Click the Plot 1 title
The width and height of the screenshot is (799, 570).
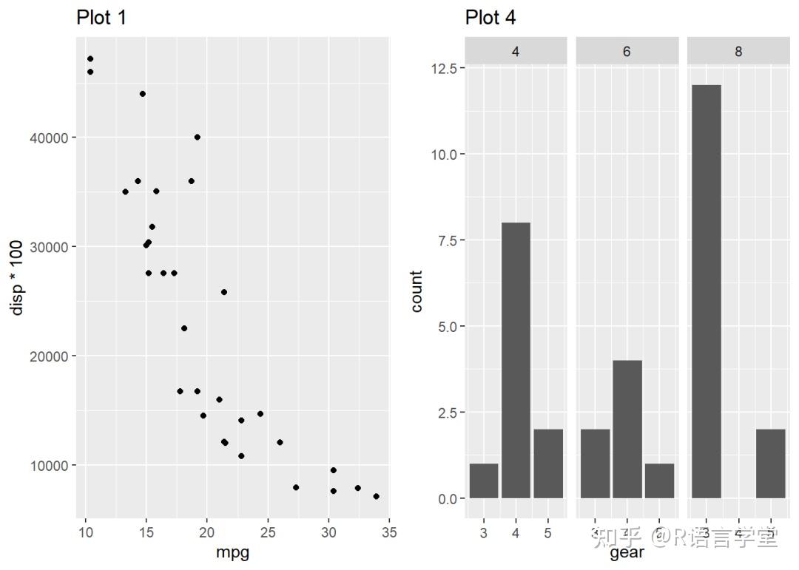[101, 18]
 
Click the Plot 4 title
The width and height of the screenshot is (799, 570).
[490, 18]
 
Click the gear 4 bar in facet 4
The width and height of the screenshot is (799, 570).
[516, 361]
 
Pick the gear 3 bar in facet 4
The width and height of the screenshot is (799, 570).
[483, 481]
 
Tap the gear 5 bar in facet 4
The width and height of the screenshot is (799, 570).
[548, 464]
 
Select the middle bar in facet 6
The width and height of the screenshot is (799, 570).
[627, 430]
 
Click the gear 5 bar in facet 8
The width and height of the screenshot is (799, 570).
[770, 464]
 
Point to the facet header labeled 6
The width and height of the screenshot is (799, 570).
[627, 52]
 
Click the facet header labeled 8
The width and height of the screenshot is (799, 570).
[738, 52]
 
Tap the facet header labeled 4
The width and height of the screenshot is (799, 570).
[516, 52]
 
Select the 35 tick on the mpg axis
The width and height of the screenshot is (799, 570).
[389, 533]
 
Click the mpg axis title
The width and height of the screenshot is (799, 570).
[232, 553]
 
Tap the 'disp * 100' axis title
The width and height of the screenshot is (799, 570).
[17, 277]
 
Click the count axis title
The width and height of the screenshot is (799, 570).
[417, 291]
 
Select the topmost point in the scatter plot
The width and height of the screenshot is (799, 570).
[90, 58]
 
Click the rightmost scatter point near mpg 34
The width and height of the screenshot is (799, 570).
[377, 496]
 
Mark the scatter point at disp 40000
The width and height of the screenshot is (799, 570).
[197, 137]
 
